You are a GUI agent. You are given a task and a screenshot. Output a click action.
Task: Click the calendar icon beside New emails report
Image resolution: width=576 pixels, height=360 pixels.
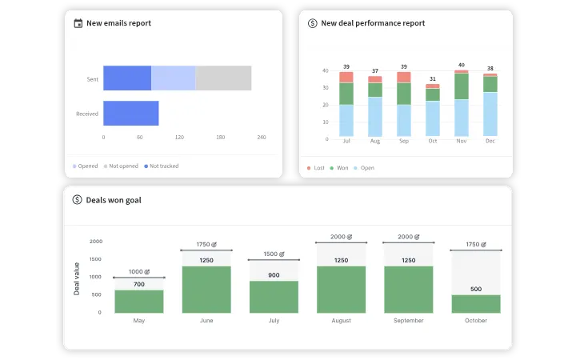(x=78, y=23)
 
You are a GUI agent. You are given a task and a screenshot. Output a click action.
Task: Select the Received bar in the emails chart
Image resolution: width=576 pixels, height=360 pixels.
(x=130, y=114)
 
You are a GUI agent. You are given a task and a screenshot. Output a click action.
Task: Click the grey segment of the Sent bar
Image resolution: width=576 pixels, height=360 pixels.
(x=223, y=78)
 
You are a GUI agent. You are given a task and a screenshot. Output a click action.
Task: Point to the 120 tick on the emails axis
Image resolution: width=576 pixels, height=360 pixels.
(x=179, y=138)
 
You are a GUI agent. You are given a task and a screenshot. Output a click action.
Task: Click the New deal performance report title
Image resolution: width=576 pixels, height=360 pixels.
(x=373, y=23)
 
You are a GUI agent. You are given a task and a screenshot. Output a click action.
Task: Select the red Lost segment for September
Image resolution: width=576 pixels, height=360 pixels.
(x=404, y=77)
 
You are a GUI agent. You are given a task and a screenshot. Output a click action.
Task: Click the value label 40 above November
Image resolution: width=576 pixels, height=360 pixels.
(x=462, y=65)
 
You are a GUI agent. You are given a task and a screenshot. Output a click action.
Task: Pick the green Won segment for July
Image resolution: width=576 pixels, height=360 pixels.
(x=346, y=94)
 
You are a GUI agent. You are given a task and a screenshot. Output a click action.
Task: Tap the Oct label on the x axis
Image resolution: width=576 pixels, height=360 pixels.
(x=433, y=141)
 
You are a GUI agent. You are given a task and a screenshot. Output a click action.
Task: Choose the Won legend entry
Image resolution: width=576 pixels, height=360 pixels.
(x=341, y=168)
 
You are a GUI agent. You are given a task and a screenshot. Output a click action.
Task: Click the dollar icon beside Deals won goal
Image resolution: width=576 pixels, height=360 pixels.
(x=77, y=200)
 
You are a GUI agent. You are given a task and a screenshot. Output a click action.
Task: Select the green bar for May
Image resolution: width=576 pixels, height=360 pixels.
(x=139, y=302)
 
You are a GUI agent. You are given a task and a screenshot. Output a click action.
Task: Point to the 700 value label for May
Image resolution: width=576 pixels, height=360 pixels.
(x=139, y=284)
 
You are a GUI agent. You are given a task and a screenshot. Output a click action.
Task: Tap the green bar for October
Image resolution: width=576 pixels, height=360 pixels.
(x=475, y=304)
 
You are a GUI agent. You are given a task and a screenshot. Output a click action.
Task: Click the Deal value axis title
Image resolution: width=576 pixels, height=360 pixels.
(x=77, y=277)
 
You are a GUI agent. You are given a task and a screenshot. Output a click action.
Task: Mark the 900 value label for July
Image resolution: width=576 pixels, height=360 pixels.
(x=274, y=274)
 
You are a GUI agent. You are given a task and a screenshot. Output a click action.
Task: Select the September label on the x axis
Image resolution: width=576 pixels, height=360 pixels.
(x=408, y=320)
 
